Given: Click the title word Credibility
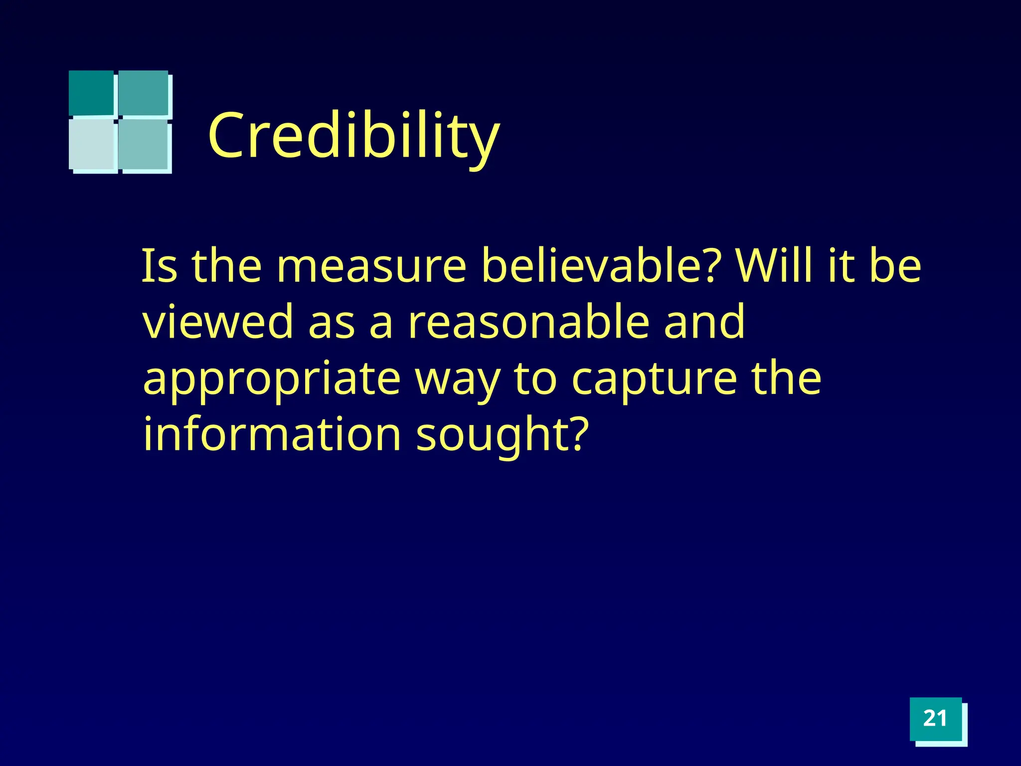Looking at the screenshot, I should coord(353,136).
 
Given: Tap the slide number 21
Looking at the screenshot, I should coord(935,719).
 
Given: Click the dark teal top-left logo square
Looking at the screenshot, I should coord(91,92).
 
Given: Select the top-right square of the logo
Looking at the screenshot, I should coord(144,92).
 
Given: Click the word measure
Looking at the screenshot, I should coord(371,266).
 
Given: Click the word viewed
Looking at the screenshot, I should coord(218,322).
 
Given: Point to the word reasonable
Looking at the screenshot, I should coord(529,322).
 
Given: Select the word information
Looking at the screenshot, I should coord(272,434).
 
